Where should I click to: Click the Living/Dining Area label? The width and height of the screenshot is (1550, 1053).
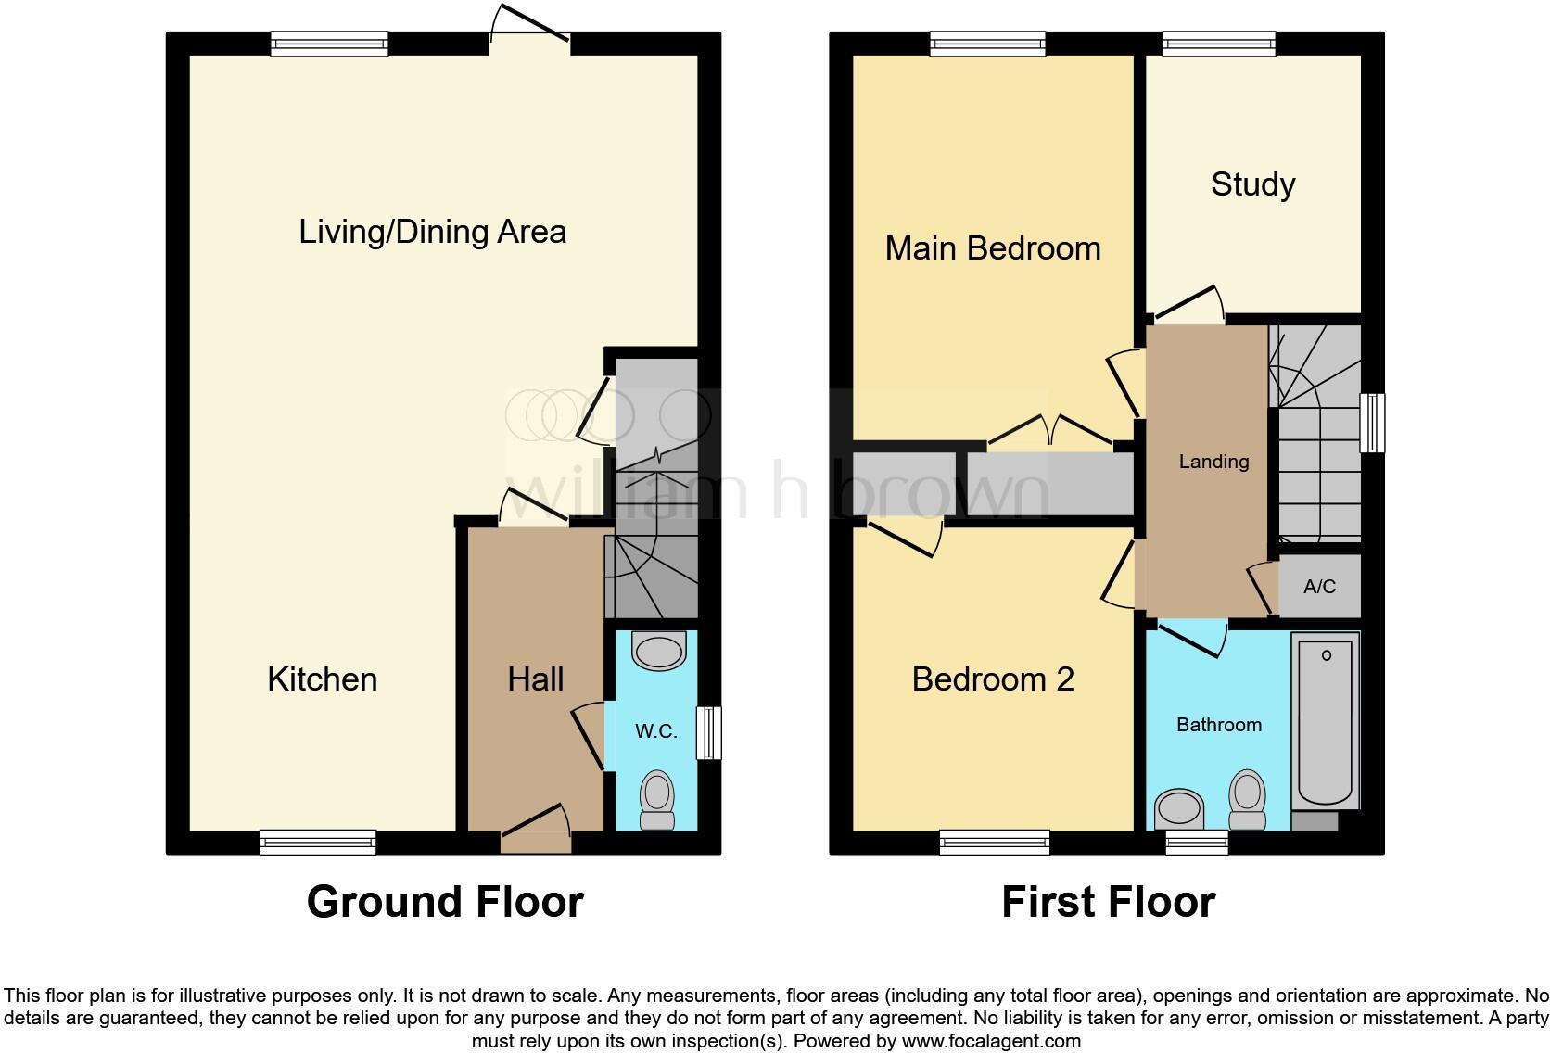tap(432, 232)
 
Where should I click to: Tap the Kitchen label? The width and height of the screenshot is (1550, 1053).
tap(322, 679)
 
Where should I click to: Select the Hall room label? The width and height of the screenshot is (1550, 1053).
tap(535, 679)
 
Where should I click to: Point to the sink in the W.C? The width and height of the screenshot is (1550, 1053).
tap(659, 651)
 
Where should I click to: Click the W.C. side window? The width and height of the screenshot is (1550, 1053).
tap(709, 733)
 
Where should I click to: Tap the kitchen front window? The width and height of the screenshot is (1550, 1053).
tap(318, 842)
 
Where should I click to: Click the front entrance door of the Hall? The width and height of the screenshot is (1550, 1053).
tap(536, 831)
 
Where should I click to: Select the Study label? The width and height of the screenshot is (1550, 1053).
tap(1252, 184)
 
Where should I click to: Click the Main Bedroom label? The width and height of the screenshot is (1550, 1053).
tap(992, 248)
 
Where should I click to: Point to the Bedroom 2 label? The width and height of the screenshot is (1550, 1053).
tap(992, 679)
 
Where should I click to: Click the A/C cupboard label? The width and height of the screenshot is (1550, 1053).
tap(1319, 587)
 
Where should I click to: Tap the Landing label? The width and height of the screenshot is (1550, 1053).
tap(1213, 462)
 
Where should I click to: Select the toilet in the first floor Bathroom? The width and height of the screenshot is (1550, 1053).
tap(1247, 802)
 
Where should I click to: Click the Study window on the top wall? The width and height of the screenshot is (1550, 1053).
tap(1219, 44)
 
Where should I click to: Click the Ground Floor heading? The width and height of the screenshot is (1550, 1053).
tap(445, 902)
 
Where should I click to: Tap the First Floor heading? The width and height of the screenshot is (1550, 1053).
tap(1108, 902)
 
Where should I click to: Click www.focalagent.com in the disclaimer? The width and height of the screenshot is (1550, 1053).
tap(990, 1041)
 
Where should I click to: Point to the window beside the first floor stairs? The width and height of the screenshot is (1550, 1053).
tap(1372, 423)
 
